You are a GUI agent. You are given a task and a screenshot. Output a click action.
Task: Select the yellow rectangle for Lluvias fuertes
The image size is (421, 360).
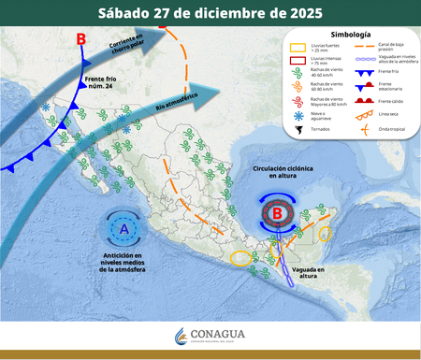pos(297,48)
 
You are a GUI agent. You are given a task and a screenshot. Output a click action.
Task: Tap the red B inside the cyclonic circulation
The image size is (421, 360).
pos(277,213)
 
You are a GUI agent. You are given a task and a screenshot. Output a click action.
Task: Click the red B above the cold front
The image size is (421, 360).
pos(80,39)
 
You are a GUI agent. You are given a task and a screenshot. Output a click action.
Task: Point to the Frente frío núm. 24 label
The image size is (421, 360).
pos(100,85)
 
